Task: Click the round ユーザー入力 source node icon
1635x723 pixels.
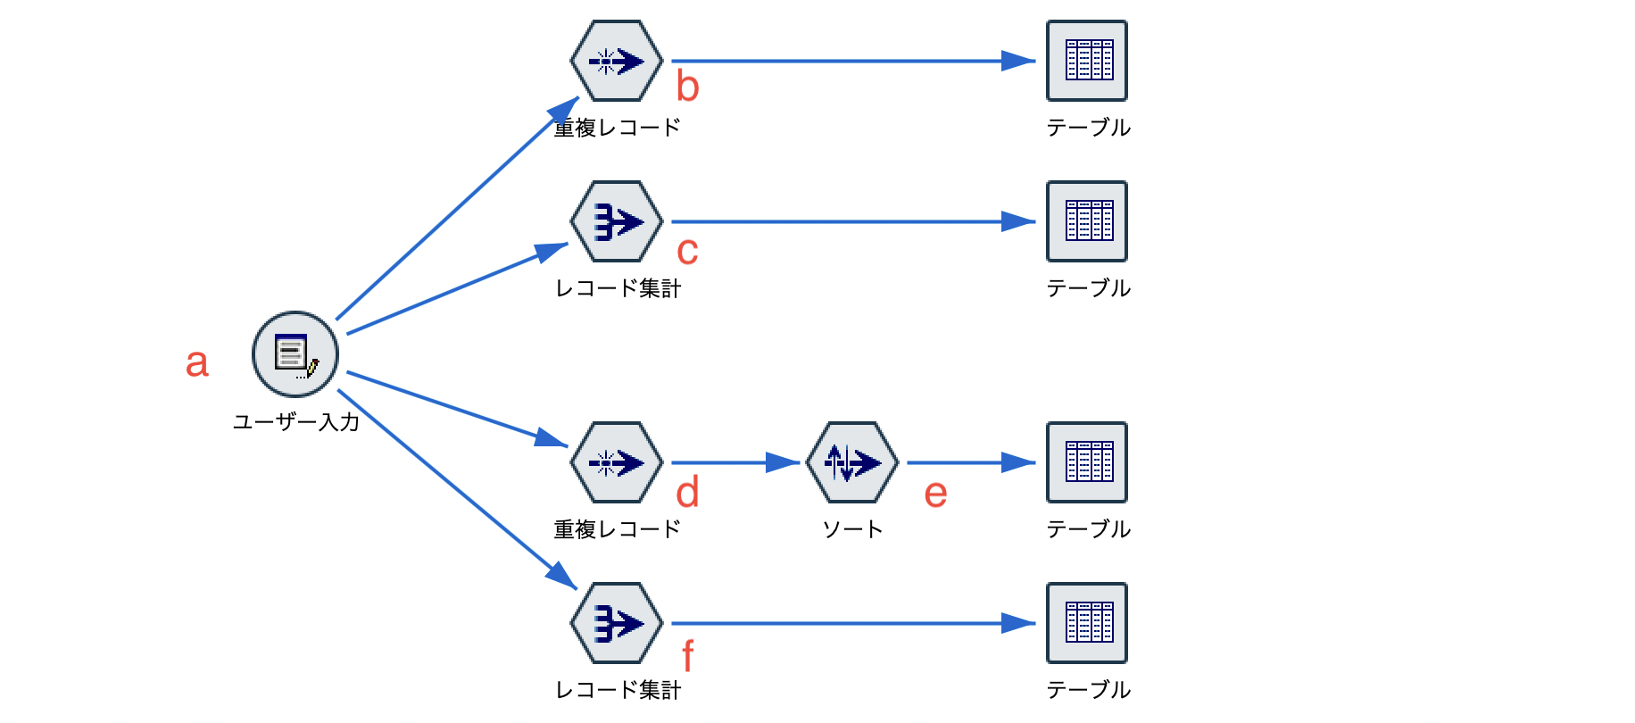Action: pos(295,354)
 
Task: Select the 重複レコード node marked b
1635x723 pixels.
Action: pos(617,61)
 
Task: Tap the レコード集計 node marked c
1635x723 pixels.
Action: pos(617,221)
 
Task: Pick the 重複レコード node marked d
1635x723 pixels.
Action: pos(617,462)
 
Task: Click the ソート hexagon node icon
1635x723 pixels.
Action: pos(852,462)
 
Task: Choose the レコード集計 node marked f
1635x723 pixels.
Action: pos(617,623)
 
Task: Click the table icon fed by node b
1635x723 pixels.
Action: pos(1087,61)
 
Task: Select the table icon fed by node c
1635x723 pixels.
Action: pos(1087,221)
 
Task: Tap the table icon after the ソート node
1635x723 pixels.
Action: pos(1087,462)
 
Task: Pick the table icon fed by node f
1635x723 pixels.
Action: pos(1087,623)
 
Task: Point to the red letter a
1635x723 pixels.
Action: pos(197,363)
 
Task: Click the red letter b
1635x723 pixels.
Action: pos(687,87)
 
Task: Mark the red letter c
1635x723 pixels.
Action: pos(687,252)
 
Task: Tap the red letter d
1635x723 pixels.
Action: pos(687,493)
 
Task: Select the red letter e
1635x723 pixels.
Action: pos(935,494)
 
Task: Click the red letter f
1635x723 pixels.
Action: pos(687,656)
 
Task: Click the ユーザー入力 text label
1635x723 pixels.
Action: pos(295,422)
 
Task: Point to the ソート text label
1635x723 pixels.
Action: pos(852,529)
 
